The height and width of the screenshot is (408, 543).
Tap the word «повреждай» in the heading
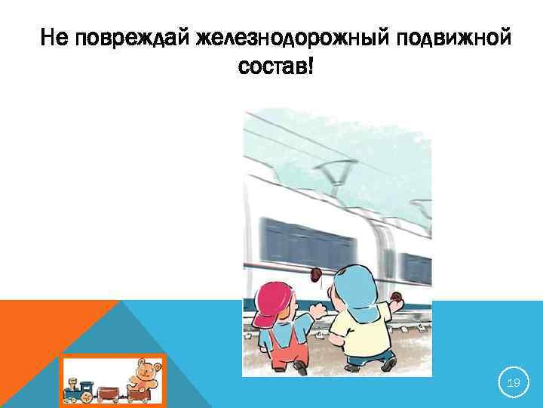pyautogui.click(x=128, y=36)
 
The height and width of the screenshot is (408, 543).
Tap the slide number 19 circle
pyautogui.click(x=514, y=384)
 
